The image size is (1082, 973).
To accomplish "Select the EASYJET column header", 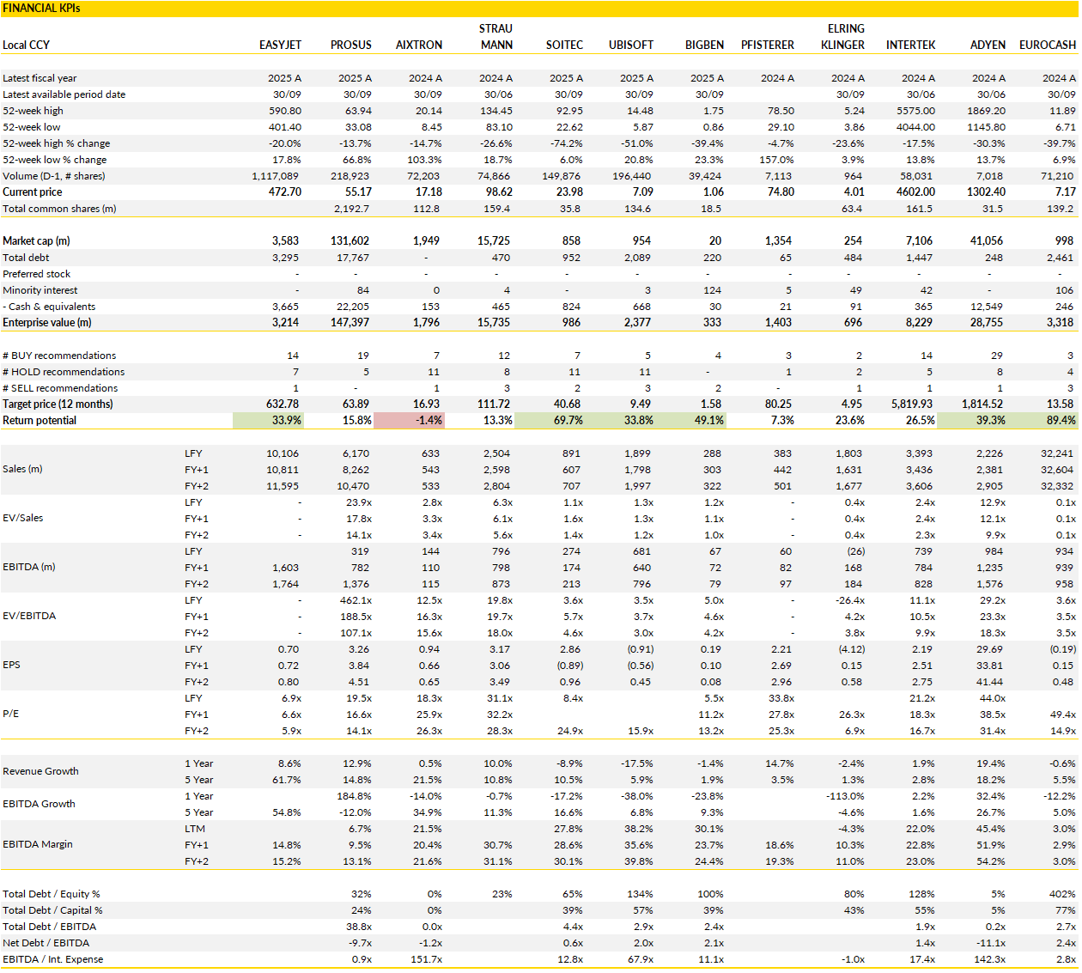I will point(280,45).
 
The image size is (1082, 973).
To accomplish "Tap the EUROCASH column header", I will point(1047,45).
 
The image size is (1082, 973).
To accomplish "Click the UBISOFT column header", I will point(631,45).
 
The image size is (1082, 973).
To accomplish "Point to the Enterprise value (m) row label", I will point(46,323).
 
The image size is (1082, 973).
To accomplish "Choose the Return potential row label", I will point(40,421).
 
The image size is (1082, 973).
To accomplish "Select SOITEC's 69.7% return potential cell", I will point(567,421).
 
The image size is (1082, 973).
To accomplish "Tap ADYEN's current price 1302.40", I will point(986,192).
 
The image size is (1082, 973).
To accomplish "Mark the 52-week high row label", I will point(33,111).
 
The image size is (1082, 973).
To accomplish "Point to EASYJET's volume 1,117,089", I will point(275,176).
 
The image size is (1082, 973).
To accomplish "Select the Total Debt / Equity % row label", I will point(52,894).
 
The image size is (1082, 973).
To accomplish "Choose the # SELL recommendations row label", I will point(60,388).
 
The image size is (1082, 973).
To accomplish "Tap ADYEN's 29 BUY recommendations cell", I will point(996,356).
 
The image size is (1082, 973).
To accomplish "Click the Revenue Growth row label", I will point(40,771).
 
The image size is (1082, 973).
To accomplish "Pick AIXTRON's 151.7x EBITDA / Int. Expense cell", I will point(426,959).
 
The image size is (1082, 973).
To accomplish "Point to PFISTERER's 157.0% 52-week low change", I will point(776,160).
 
